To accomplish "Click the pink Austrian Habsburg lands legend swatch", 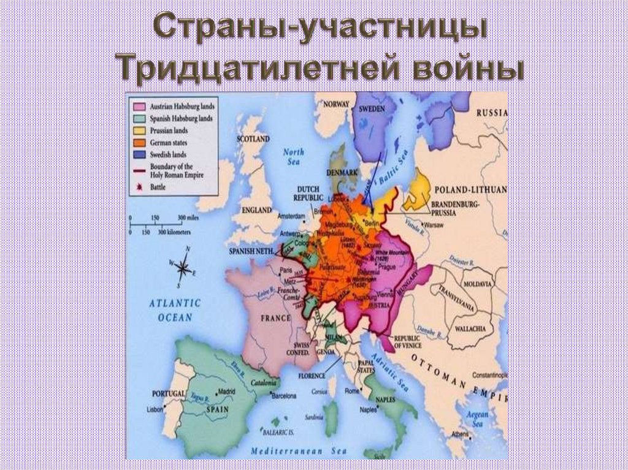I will tap(139, 106).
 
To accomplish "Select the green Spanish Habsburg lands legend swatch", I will tap(139, 118).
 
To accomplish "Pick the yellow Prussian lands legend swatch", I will tap(139, 131).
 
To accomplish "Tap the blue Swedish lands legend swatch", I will tap(139, 155).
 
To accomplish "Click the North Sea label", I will tap(293, 157).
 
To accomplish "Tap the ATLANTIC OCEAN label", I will tap(176, 310).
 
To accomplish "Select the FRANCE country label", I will tap(275, 319).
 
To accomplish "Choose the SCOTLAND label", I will tap(253, 139).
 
